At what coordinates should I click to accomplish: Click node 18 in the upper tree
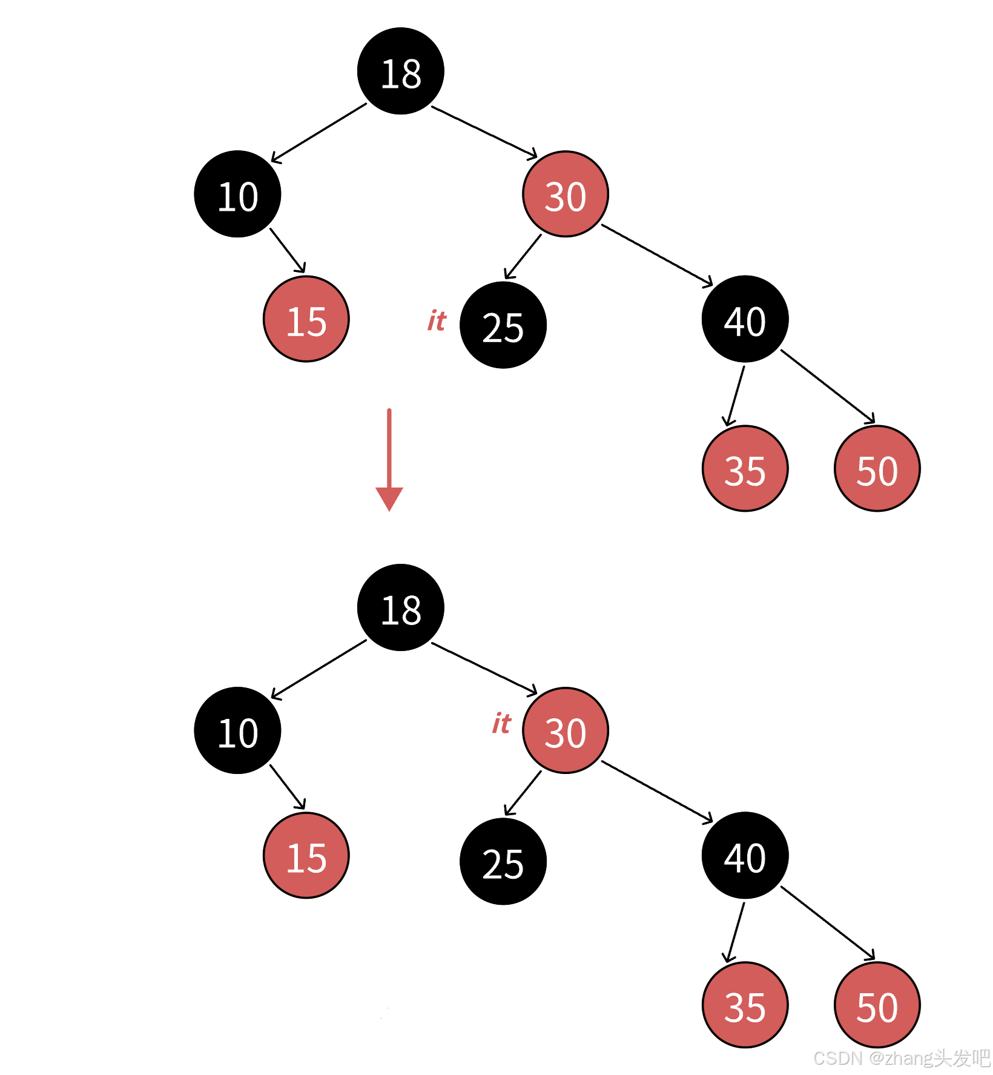pos(400,71)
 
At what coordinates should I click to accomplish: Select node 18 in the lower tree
pos(400,607)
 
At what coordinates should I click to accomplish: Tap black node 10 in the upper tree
pos(237,194)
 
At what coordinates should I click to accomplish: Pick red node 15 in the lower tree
pos(306,855)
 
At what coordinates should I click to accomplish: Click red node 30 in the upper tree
pos(566,194)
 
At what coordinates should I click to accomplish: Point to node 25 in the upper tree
pos(503,325)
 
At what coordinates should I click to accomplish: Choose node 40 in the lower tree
pos(745,855)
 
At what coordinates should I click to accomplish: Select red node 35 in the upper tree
pos(745,468)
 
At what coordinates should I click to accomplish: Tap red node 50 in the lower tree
pos(877,1005)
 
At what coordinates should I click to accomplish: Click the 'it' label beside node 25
pos(437,320)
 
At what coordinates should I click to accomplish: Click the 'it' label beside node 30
pos(501,723)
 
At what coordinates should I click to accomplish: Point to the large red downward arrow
pos(389,460)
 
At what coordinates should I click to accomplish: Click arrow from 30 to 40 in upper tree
pos(657,255)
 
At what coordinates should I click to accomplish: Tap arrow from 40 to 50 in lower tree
pos(828,923)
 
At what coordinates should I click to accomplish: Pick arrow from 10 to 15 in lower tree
pos(287,787)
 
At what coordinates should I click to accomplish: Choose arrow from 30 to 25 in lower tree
pos(523,793)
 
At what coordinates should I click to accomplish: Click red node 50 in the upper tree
pos(877,468)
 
